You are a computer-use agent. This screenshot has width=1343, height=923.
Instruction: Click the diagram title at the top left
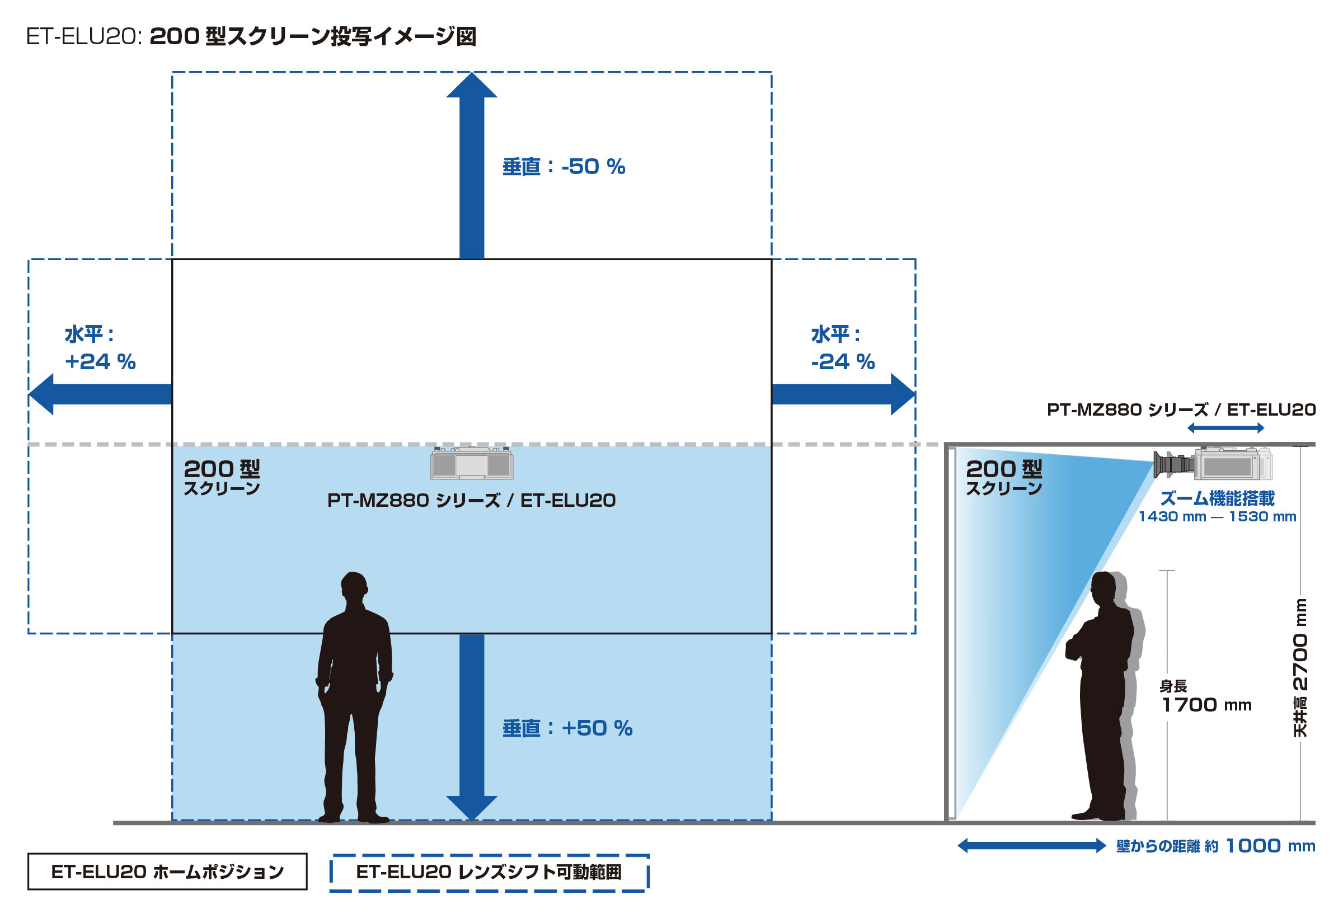(x=251, y=36)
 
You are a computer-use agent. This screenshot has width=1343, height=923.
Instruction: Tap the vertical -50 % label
(x=564, y=167)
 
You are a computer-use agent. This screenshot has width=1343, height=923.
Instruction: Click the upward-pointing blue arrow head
(x=471, y=86)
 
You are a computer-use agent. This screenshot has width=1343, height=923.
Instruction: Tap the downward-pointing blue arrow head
(x=471, y=807)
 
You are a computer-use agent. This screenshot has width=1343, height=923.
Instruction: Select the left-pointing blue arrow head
(x=41, y=394)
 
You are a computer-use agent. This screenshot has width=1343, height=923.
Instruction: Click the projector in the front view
(x=471, y=464)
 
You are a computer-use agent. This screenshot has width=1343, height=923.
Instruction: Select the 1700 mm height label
(x=1206, y=705)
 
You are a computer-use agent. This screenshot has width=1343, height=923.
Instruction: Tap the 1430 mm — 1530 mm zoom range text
(x=1217, y=516)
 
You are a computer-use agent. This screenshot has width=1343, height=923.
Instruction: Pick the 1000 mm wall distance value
(x=1270, y=846)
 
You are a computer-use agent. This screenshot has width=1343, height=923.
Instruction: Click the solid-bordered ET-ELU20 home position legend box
(x=167, y=872)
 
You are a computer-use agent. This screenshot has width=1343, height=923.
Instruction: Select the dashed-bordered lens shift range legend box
(x=489, y=873)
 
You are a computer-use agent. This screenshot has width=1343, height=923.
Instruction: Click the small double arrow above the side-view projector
(x=1225, y=428)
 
